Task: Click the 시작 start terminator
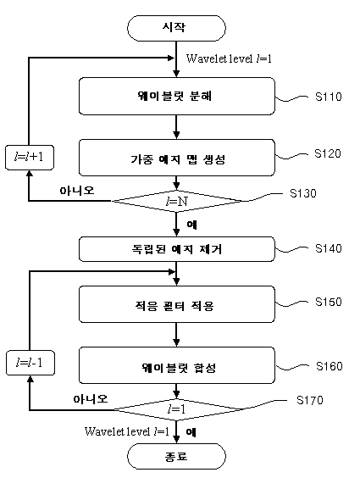(x=176, y=28)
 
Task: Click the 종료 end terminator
(x=176, y=456)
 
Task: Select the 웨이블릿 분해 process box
(x=177, y=96)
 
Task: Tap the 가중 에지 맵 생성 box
(x=177, y=158)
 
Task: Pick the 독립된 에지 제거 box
(x=177, y=249)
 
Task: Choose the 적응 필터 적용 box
(x=177, y=304)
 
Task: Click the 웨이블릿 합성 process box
(x=177, y=365)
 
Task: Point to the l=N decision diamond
(x=177, y=201)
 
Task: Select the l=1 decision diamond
(x=177, y=409)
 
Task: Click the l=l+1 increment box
(x=30, y=158)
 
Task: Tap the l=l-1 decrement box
(x=30, y=363)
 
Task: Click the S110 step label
(x=329, y=97)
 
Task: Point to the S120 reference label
(x=328, y=153)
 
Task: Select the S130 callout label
(x=303, y=193)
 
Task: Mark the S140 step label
(x=329, y=248)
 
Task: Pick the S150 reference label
(x=329, y=302)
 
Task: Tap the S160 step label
(x=330, y=366)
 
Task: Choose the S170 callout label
(x=310, y=400)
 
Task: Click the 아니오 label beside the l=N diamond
(x=77, y=191)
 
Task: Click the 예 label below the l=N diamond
(x=192, y=225)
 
